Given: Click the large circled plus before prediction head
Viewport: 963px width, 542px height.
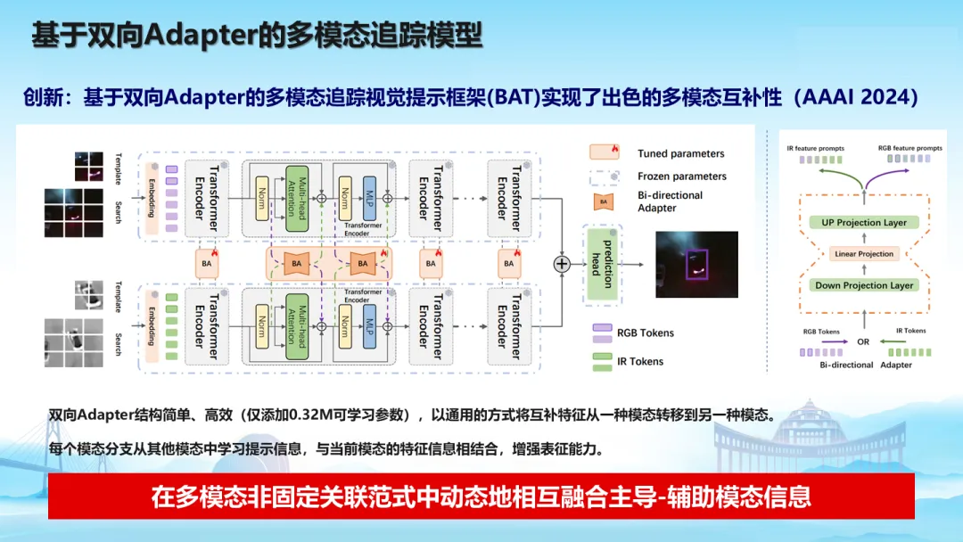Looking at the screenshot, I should click(x=562, y=263).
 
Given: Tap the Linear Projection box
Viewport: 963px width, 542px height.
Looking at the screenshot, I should click(x=863, y=254).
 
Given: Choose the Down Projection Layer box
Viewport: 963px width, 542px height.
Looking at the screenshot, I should click(x=863, y=285).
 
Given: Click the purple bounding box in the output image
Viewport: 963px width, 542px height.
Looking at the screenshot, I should click(x=696, y=260).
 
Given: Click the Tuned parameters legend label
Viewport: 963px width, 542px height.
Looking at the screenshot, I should click(x=681, y=153).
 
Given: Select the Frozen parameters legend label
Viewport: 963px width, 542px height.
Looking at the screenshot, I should click(x=682, y=177).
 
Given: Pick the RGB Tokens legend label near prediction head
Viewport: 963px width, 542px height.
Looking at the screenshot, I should click(x=646, y=333).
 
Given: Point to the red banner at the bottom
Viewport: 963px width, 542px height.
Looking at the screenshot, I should click(x=481, y=496).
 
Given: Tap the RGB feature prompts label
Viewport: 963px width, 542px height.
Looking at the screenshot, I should click(x=909, y=148).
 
